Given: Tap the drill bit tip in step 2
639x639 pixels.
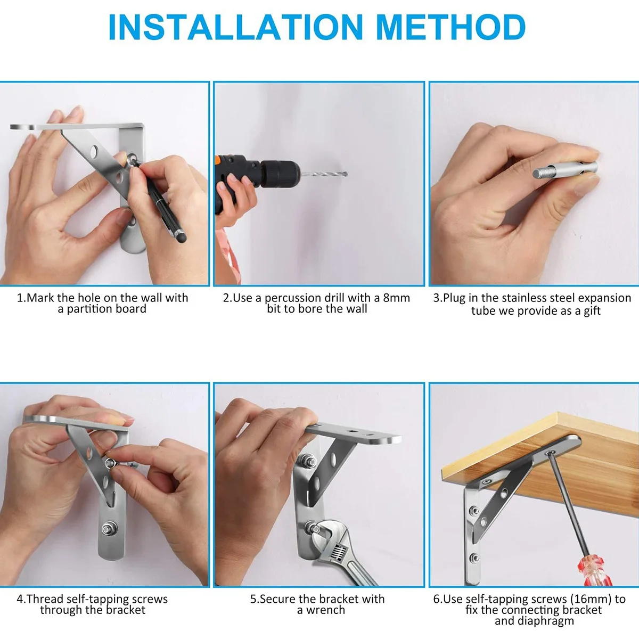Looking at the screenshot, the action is pyautogui.click(x=346, y=174).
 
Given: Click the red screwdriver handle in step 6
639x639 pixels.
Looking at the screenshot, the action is pyautogui.click(x=594, y=569).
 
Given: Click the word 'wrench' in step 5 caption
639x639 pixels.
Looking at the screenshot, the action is pyautogui.click(x=325, y=610).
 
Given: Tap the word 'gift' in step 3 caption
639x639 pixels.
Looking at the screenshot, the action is pyautogui.click(x=592, y=310).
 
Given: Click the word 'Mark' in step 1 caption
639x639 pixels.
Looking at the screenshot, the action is pyautogui.click(x=40, y=298).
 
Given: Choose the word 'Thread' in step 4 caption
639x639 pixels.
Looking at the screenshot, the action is pyautogui.click(x=45, y=599).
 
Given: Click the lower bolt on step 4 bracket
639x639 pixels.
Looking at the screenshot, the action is pyautogui.click(x=107, y=529).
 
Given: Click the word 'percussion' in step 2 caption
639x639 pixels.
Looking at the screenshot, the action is pyautogui.click(x=293, y=298).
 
